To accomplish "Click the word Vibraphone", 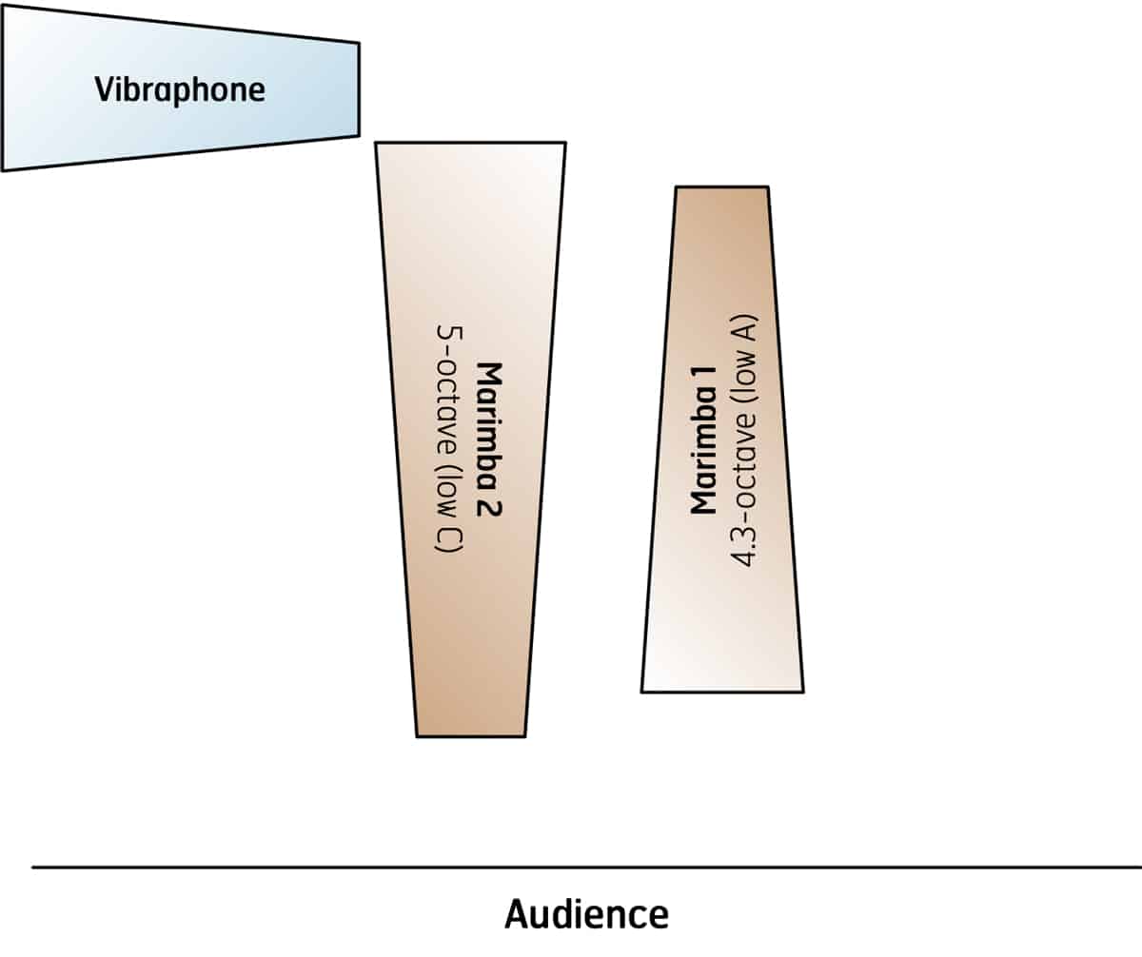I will [180, 90].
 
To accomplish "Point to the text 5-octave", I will [447, 390].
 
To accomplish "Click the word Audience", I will [585, 914].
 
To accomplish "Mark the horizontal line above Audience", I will [585, 867].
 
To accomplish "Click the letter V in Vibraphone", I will [102, 90].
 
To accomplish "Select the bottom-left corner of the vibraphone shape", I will [4, 168].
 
